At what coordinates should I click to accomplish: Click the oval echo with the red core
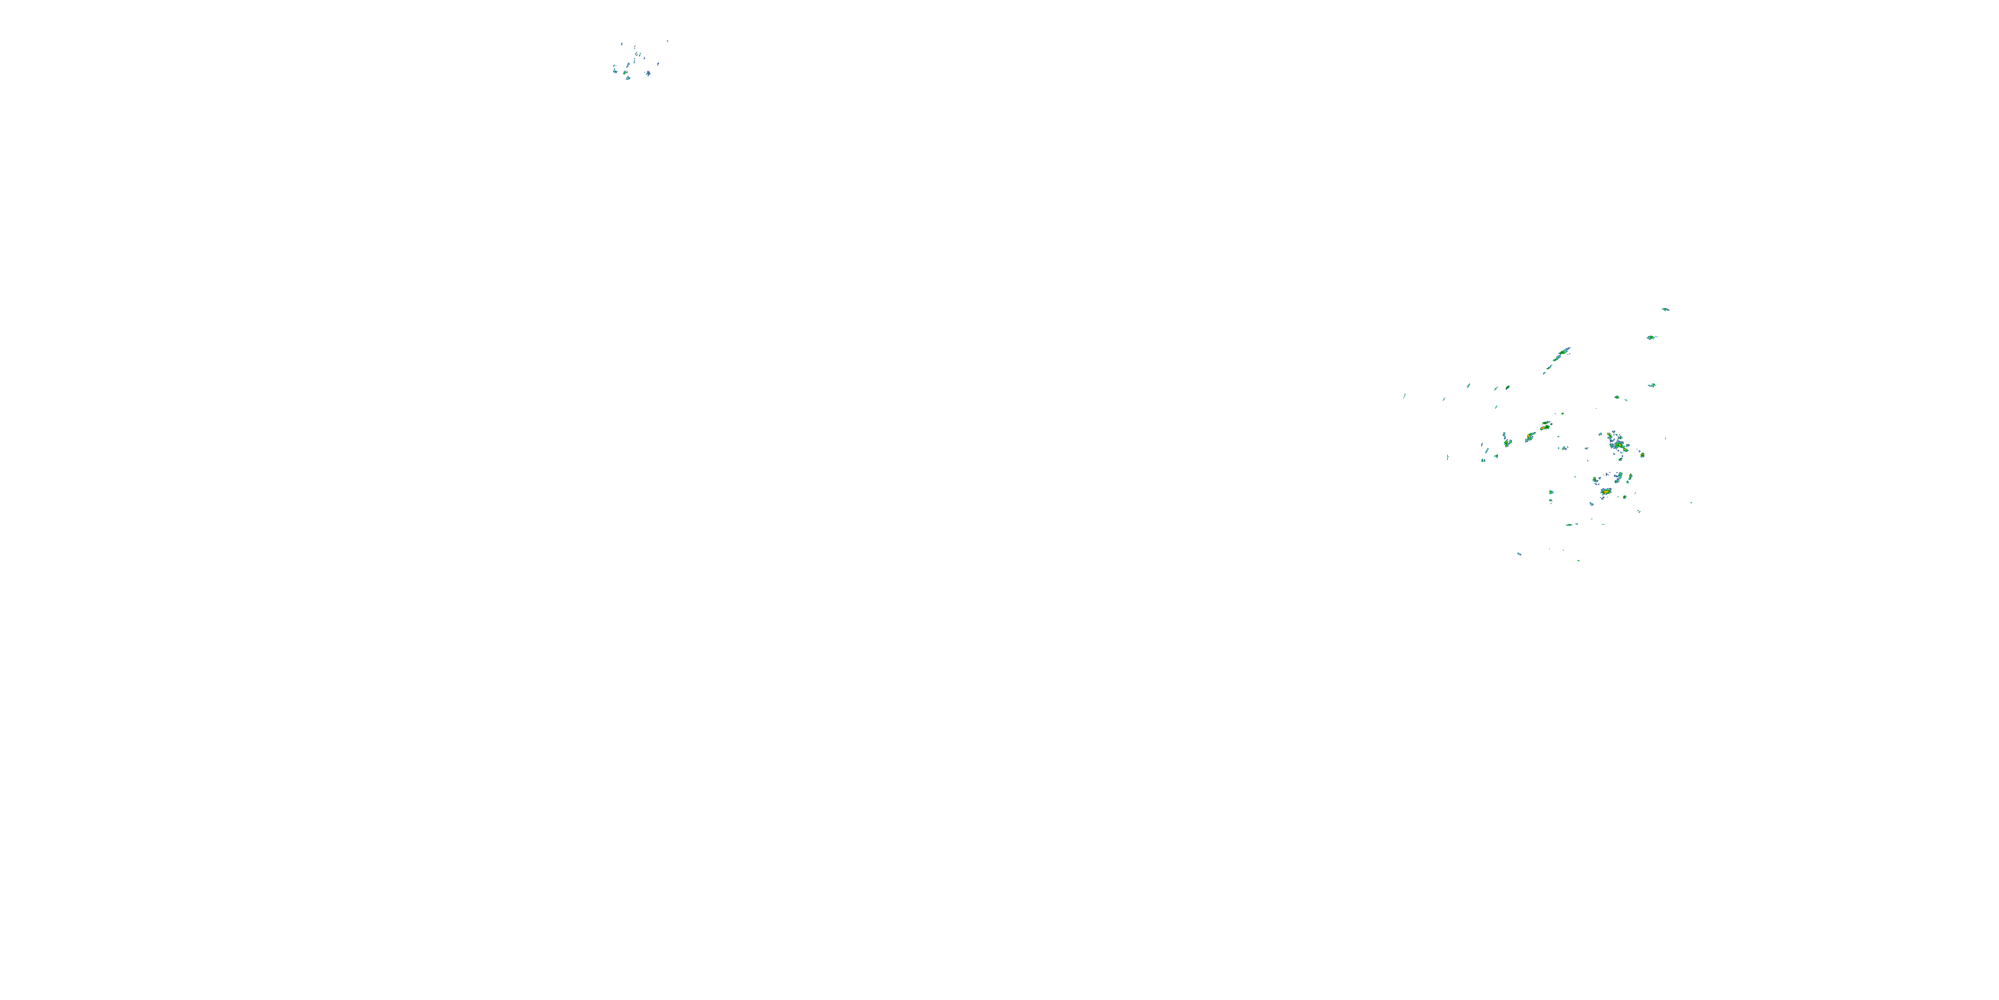click(1606, 491)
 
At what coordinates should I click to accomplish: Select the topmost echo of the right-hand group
click(1665, 309)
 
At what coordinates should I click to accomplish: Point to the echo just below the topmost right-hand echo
click(1651, 338)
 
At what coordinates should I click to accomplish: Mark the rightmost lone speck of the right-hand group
click(1691, 502)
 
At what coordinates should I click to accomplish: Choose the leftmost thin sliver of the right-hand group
click(1404, 397)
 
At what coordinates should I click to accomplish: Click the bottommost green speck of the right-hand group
click(1579, 560)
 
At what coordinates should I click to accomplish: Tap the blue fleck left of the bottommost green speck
click(1519, 553)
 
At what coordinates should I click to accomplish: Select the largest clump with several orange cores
click(1618, 444)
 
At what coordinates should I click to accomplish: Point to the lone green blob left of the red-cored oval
click(1551, 492)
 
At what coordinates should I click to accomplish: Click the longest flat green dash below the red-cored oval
click(1569, 525)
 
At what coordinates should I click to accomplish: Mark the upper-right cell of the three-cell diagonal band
click(1546, 425)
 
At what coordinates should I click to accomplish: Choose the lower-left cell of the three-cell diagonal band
click(1507, 443)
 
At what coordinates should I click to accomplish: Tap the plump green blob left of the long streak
click(1507, 387)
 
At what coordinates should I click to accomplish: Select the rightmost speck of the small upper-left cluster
click(668, 41)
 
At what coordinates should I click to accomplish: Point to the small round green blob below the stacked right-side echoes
click(1617, 397)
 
